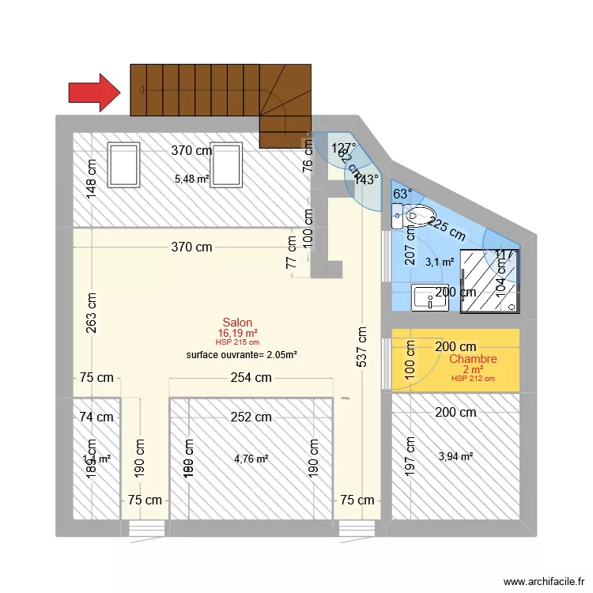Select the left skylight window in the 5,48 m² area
click(124, 164)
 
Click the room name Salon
click(237, 322)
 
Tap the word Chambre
click(473, 359)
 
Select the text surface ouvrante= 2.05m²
click(241, 355)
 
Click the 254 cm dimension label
click(251, 378)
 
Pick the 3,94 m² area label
click(455, 455)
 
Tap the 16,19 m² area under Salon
click(238, 333)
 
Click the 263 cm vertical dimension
click(92, 313)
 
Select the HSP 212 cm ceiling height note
click(473, 379)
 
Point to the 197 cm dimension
click(410, 456)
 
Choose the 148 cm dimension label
click(92, 178)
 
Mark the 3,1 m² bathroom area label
click(440, 261)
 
